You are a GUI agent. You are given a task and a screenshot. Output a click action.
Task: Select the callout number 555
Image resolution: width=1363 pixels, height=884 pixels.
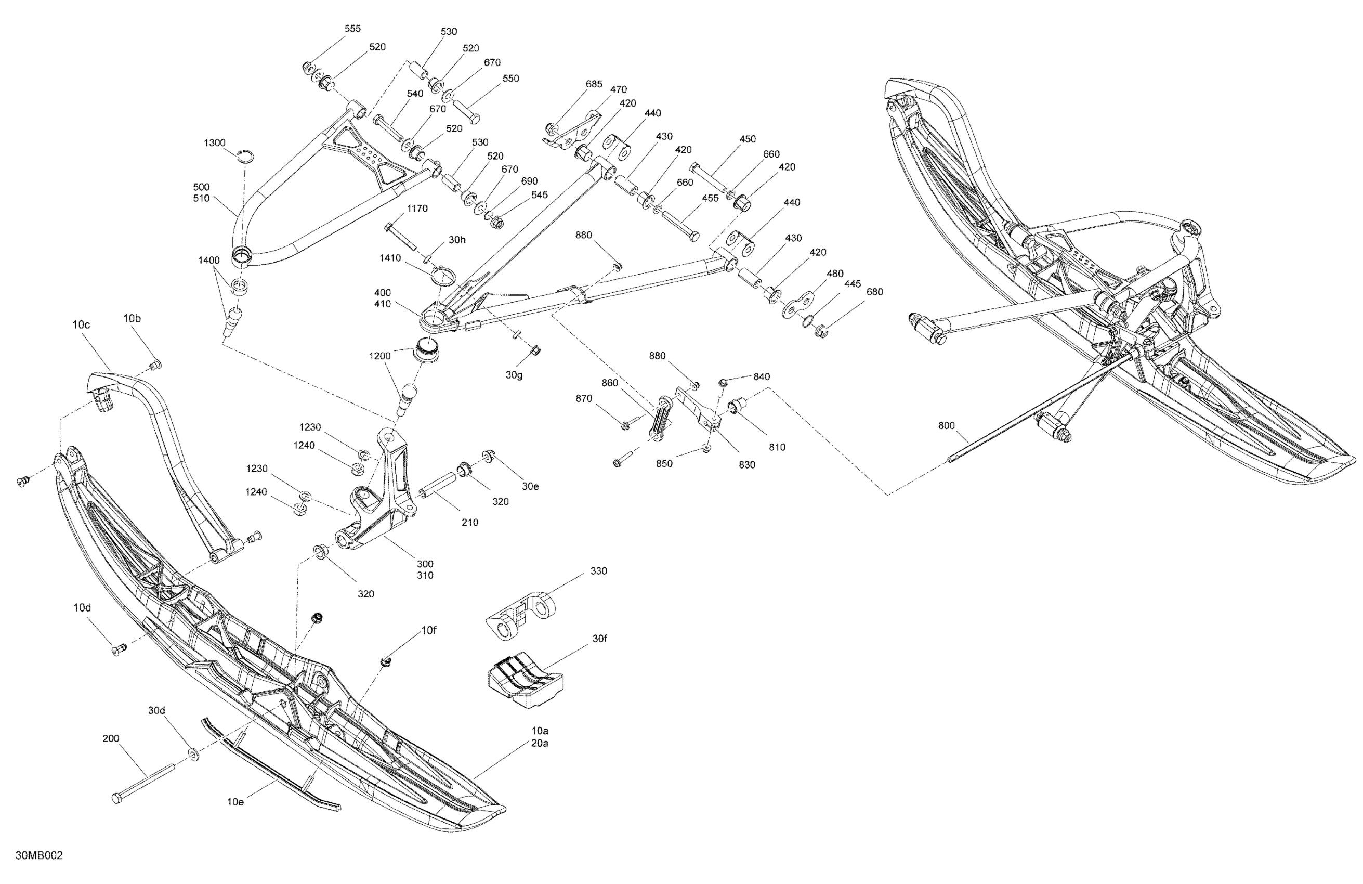352,29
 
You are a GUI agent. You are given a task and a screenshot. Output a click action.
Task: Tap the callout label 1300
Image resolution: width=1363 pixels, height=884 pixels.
215,142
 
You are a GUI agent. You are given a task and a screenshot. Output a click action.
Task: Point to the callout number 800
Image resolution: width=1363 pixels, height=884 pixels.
947,426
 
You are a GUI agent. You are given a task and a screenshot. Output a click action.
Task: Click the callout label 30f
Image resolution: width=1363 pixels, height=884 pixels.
599,638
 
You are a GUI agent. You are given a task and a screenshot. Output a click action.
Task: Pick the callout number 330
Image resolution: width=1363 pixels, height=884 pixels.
598,570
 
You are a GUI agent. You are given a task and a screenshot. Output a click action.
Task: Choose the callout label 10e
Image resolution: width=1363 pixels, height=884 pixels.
235,801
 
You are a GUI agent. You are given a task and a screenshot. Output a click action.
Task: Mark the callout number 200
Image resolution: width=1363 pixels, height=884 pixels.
111,738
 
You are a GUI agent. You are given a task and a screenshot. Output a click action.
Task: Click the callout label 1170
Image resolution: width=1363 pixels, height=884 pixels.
417,209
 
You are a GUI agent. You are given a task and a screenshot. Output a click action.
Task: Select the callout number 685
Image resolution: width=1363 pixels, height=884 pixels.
594,84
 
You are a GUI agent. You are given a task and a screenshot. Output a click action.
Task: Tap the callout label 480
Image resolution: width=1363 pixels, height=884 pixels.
835,274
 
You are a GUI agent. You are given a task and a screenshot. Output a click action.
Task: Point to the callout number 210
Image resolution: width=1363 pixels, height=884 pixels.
469,522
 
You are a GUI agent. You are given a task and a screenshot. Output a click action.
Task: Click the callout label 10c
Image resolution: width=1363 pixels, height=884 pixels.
81,324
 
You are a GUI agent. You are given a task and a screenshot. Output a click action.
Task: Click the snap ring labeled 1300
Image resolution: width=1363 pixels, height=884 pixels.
246,156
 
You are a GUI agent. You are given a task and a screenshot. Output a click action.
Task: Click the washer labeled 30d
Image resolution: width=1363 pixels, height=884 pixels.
193,755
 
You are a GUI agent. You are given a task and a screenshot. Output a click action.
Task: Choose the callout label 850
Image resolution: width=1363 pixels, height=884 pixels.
664,463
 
